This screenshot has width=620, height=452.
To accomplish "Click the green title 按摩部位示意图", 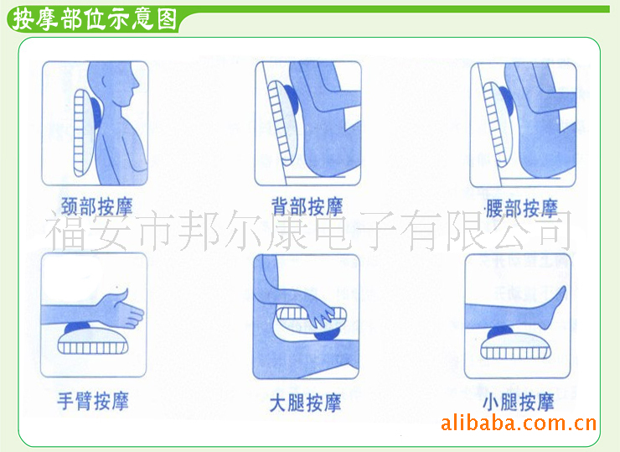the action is (x=95, y=19).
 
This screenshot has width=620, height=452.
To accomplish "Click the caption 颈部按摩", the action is (x=96, y=206).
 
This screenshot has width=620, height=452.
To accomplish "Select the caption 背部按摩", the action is (x=307, y=206).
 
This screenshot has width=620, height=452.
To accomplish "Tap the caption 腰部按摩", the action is (x=522, y=208).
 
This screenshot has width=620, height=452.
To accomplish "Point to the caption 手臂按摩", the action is (x=93, y=401).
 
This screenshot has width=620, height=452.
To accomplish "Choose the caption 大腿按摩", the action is (x=305, y=403).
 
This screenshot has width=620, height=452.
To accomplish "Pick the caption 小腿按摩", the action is (x=519, y=403).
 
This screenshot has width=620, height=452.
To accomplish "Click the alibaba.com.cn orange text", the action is (x=519, y=423).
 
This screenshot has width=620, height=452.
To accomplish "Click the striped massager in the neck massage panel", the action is (x=83, y=132).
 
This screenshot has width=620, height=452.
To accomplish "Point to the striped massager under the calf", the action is (x=515, y=347).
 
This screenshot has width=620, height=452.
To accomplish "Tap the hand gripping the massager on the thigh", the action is (x=325, y=315).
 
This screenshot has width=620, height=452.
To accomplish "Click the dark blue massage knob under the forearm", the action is (x=77, y=328).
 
